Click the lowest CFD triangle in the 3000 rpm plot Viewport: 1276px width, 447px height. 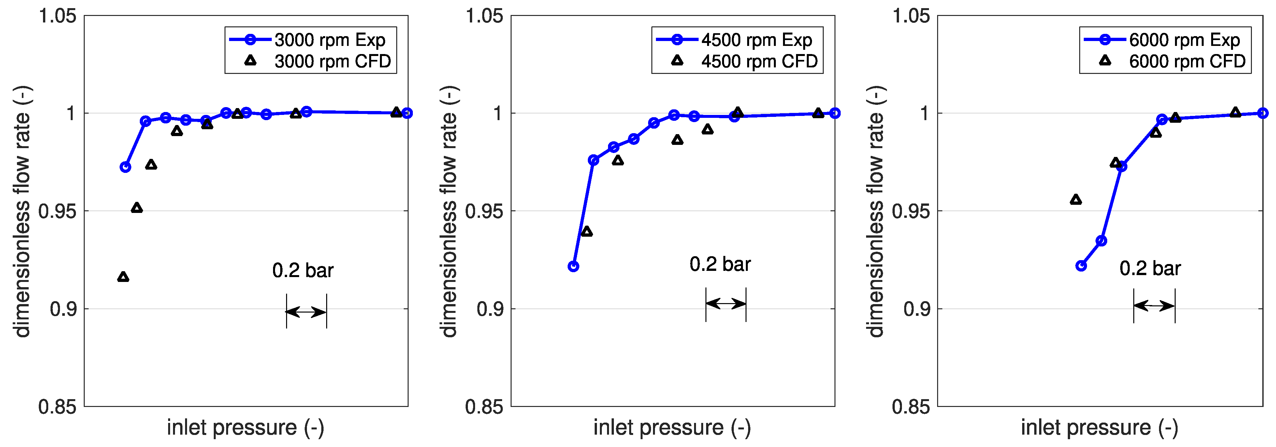coord(123,277)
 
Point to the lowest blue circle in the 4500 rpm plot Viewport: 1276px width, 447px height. coord(573,266)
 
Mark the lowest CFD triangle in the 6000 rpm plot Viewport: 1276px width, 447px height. coord(1075,200)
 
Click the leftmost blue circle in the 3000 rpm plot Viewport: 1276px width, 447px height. coord(125,167)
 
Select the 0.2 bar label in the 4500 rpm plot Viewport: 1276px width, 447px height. coord(720,264)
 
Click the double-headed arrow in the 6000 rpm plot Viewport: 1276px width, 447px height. coord(1154,306)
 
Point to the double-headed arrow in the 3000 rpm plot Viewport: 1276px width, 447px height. coord(306,312)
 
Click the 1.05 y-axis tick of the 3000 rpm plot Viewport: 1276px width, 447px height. coord(58,16)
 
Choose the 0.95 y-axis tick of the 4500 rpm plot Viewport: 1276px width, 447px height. coord(484,211)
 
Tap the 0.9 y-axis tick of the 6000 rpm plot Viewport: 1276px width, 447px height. coord(916,309)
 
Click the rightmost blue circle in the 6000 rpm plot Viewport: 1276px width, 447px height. coord(1263,113)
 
